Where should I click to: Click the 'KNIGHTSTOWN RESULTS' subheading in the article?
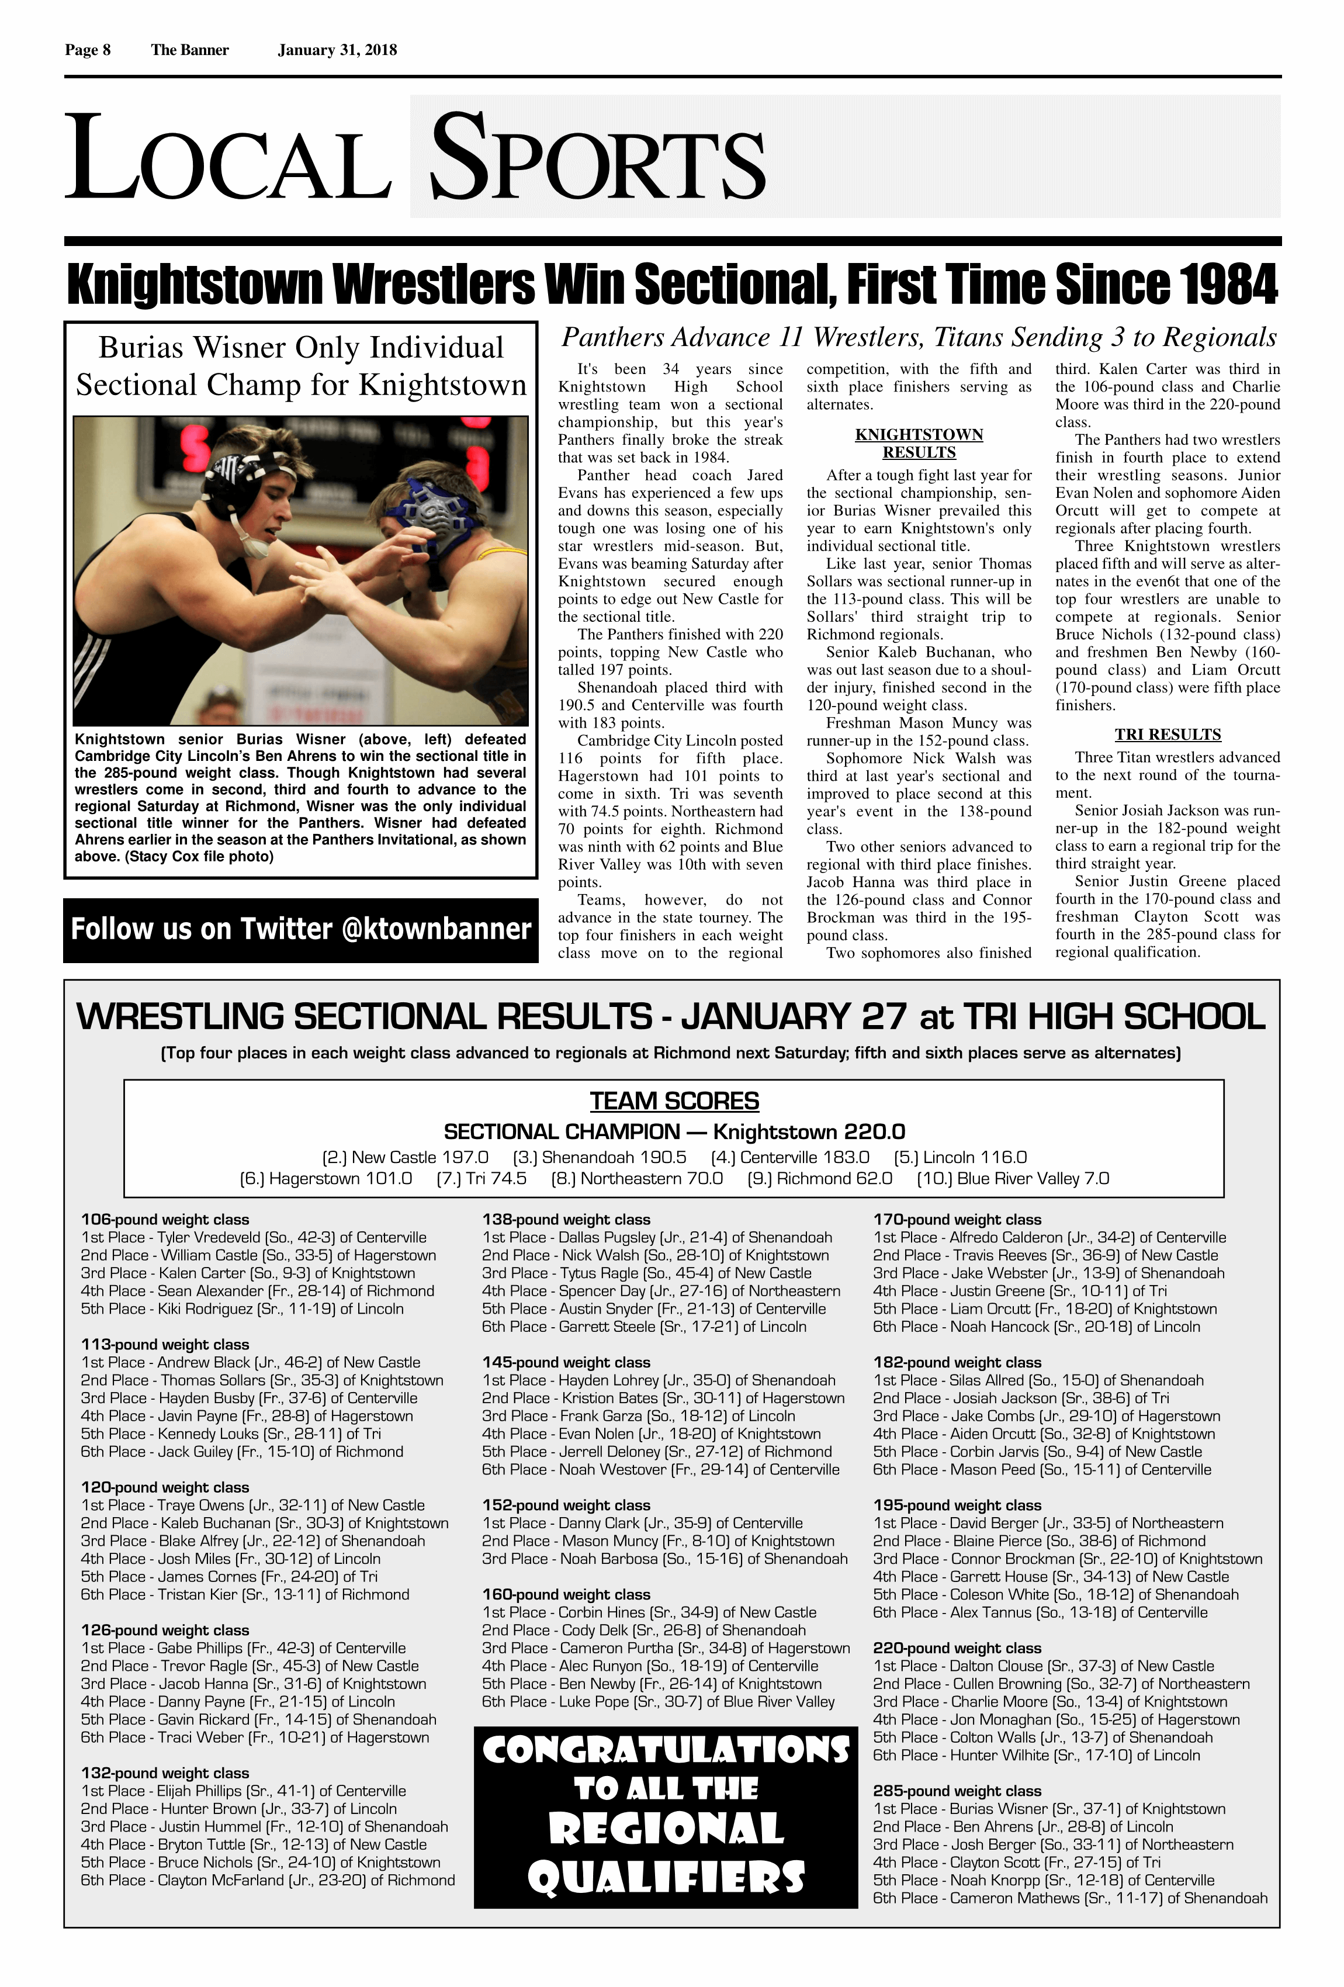(x=919, y=443)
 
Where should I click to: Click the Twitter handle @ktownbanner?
(x=436, y=929)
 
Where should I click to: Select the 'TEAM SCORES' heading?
(x=674, y=1100)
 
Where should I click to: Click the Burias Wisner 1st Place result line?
(x=1048, y=1808)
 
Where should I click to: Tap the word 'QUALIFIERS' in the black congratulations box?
(x=666, y=1878)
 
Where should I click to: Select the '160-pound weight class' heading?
(x=566, y=1594)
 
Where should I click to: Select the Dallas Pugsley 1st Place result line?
(x=657, y=1237)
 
